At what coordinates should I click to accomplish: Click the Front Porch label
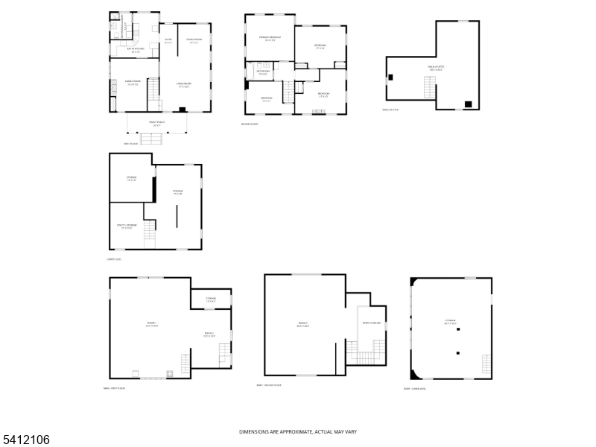156,124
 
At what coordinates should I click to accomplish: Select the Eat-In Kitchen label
136,51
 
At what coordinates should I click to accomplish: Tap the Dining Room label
134,83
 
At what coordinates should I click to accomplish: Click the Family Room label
194,41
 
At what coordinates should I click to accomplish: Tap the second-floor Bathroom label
264,72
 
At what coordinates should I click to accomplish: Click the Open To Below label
371,323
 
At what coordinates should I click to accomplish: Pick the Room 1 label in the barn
151,324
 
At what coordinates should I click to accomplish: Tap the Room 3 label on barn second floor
303,324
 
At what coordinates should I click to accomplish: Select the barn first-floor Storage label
211,299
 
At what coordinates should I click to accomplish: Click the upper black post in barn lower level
459,329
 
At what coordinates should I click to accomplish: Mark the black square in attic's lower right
467,104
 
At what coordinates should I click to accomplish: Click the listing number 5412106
26,440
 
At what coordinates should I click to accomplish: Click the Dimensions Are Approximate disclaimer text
297,432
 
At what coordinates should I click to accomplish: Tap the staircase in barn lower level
487,365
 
